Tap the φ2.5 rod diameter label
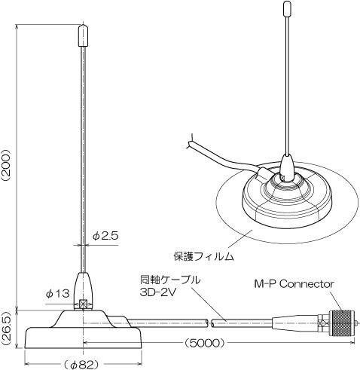105,236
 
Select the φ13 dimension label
57,293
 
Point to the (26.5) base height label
7,329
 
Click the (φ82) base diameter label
80,365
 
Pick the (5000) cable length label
203,342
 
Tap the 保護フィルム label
204,256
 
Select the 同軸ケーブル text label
170,280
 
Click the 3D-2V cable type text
158,292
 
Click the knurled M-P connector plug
343,323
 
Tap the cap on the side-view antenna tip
83,35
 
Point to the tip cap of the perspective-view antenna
286,8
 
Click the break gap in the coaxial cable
209,323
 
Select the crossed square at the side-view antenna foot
83,304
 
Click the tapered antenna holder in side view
83,291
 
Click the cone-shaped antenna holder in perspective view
288,167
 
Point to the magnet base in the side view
83,329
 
